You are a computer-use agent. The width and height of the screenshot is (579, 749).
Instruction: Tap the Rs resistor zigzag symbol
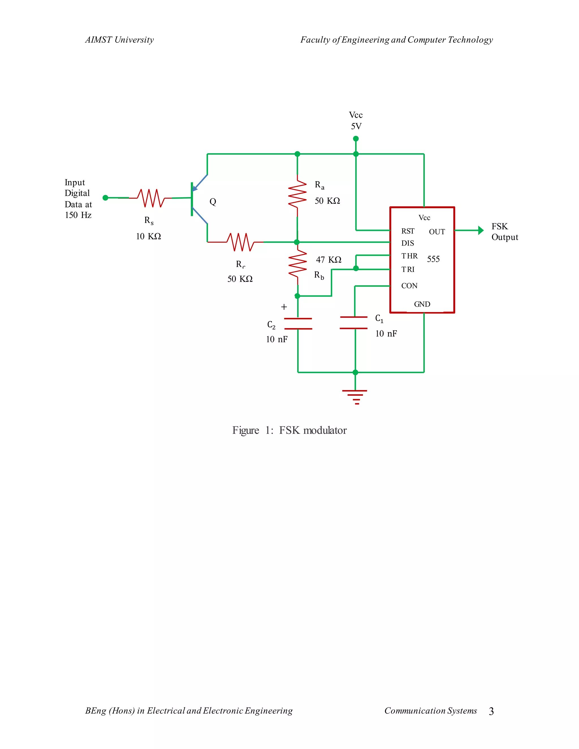[x=151, y=198]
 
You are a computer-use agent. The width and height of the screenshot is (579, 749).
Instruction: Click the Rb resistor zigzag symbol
[x=297, y=263]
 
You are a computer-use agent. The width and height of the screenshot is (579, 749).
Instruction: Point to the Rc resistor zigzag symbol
[x=241, y=242]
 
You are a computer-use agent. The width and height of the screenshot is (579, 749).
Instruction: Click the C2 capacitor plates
[x=298, y=323]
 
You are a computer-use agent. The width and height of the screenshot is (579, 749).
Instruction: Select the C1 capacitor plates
[x=354, y=323]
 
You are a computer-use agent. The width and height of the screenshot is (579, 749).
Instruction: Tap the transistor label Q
[x=213, y=202]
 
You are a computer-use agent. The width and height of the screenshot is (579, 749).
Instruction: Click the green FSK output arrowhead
[x=481, y=230]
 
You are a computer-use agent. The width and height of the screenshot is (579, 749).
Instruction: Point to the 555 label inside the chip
[x=433, y=259]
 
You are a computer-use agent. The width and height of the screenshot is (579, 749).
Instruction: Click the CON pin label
[x=409, y=286]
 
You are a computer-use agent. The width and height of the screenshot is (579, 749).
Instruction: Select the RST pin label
[x=408, y=231]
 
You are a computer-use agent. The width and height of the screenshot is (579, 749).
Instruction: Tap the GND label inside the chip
[x=422, y=304]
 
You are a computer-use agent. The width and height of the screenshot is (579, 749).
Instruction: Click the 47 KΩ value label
[x=329, y=260]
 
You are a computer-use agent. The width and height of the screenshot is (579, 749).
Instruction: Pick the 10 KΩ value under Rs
[x=148, y=236]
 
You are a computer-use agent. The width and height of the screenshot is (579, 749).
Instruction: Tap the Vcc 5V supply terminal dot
[x=356, y=138]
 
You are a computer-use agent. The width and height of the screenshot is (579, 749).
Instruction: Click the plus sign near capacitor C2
[x=284, y=307]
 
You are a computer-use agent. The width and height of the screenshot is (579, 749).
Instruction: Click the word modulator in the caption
[x=325, y=430]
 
